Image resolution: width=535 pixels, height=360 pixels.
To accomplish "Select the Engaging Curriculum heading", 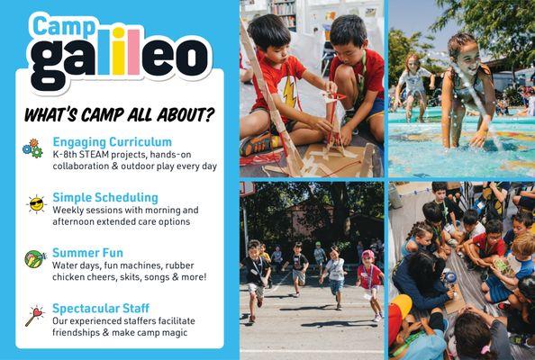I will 112,142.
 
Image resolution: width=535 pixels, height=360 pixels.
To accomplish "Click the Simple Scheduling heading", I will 104,197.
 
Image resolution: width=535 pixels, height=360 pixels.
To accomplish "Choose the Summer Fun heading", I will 87,253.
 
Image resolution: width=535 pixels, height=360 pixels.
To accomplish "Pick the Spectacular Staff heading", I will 106,308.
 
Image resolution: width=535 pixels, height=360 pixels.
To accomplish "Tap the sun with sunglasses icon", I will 35,203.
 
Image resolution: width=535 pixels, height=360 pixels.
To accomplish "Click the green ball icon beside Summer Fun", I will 33,258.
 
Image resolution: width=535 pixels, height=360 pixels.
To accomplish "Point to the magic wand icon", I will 34,315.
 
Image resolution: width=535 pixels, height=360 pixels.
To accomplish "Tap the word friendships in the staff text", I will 81,334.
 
